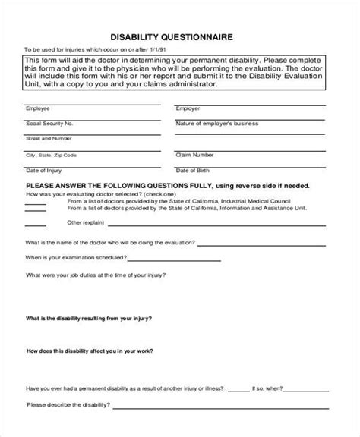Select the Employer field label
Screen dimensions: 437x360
point(188,108)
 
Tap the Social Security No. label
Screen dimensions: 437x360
point(49,123)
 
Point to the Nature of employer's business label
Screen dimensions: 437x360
point(213,123)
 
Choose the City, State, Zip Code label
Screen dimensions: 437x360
point(51,154)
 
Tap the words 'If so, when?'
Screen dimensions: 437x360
point(277,387)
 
